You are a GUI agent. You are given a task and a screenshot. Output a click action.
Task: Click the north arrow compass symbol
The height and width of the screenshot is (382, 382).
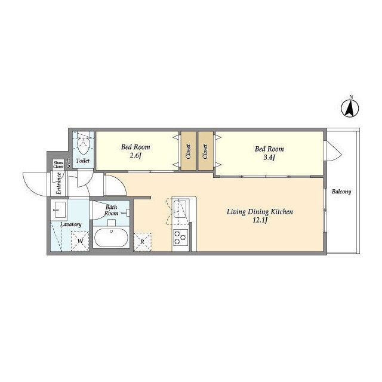point(350,109)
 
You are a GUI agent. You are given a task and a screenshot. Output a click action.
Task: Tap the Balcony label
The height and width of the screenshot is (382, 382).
point(341,192)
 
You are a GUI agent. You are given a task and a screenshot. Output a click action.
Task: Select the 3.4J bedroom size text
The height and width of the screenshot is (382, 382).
point(269,158)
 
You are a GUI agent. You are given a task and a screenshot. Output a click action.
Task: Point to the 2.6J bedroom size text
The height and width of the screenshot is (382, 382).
point(135,156)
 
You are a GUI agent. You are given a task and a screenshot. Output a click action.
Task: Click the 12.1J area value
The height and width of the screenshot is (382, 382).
point(260,220)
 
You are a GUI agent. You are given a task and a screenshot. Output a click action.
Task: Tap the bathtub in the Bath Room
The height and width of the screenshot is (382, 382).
point(111,238)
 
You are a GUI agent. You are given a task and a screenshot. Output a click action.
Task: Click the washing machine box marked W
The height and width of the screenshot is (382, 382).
point(80,241)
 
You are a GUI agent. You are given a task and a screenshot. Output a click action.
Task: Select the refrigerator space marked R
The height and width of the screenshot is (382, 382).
point(143,242)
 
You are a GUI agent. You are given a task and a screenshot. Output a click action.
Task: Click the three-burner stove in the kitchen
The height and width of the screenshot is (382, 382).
point(180,238)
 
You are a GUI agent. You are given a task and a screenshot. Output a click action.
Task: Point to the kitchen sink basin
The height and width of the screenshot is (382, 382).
point(180,209)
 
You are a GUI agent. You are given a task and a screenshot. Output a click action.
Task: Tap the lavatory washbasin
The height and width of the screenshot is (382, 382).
point(59,210)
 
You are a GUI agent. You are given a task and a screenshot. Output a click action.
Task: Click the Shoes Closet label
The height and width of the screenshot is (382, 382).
point(58,165)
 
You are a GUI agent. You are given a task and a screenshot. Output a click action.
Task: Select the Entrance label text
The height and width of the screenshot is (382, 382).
point(58,183)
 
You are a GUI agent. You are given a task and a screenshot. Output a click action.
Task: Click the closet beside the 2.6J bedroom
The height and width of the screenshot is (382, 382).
point(188,151)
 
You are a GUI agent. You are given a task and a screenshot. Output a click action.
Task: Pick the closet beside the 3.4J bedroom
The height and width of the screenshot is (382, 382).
point(205,151)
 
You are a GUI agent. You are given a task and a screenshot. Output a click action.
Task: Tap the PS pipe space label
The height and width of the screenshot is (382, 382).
point(69,162)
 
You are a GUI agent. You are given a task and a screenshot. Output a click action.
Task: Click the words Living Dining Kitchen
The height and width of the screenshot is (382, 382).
point(260,212)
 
